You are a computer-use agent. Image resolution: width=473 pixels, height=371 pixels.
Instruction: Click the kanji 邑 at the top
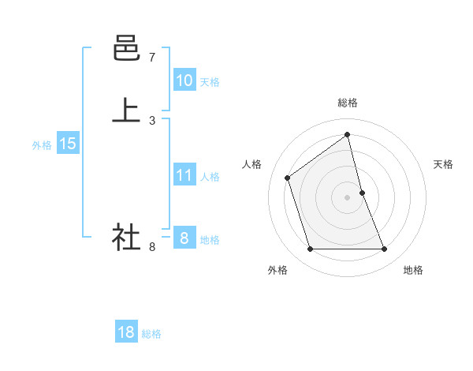(x=126, y=49)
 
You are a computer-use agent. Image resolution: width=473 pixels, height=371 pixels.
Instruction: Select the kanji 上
(x=126, y=111)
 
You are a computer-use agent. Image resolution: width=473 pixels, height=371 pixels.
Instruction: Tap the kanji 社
(x=126, y=237)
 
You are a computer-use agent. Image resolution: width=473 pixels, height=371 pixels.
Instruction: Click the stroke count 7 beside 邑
(x=151, y=58)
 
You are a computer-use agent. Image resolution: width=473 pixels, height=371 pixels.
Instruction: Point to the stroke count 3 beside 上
(x=151, y=120)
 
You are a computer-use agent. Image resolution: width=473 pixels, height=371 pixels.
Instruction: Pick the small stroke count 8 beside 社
(x=151, y=247)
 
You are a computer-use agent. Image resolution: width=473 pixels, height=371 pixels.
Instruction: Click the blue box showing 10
(x=184, y=81)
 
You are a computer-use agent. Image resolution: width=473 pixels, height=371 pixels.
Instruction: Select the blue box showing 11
(x=184, y=175)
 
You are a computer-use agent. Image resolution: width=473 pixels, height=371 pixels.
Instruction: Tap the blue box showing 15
(x=67, y=144)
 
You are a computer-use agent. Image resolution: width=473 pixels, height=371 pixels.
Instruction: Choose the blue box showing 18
(x=126, y=332)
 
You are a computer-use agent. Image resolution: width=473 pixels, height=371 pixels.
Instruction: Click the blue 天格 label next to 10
(x=210, y=82)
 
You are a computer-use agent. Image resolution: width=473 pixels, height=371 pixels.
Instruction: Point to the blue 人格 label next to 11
(x=210, y=177)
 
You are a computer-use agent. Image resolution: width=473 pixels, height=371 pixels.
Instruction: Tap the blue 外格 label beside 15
(x=42, y=145)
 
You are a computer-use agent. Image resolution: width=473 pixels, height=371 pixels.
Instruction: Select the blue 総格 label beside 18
(x=151, y=334)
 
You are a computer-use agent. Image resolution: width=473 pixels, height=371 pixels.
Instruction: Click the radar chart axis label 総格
(x=347, y=103)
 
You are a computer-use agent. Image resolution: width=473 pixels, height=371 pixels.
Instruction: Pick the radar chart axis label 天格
(x=443, y=164)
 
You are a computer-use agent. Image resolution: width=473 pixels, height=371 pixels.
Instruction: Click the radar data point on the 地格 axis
(x=385, y=249)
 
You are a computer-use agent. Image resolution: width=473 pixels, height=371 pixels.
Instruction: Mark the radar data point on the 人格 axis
(x=288, y=178)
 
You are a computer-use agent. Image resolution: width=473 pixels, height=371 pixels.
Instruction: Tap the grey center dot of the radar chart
(x=347, y=197)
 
